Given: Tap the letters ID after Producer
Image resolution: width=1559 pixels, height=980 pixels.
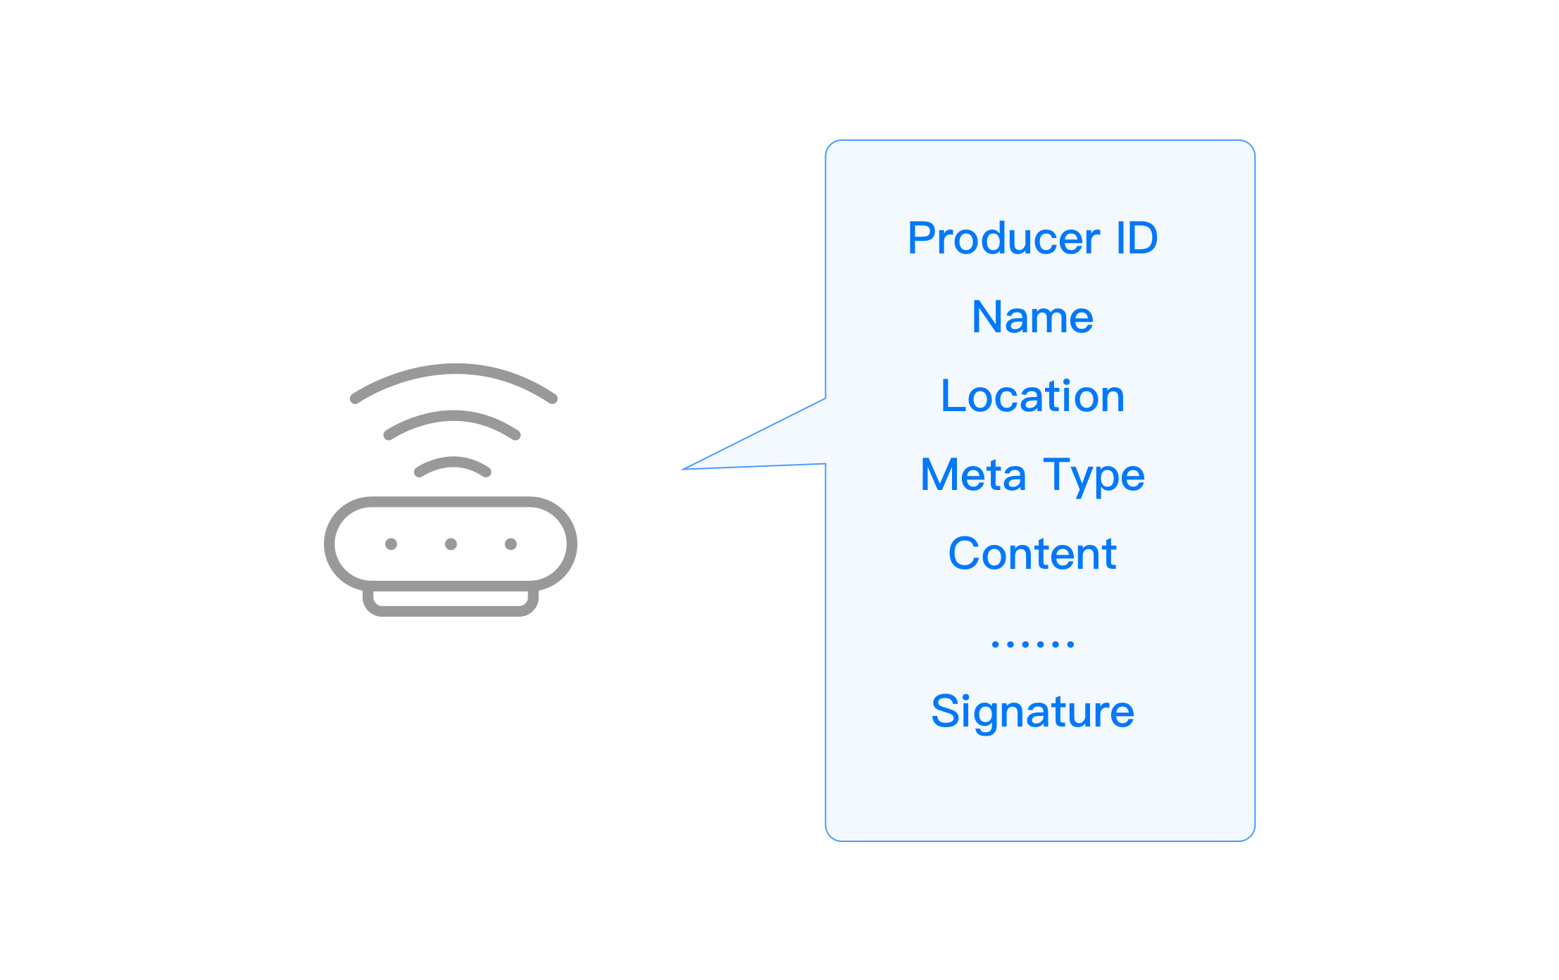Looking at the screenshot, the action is click(x=1137, y=238).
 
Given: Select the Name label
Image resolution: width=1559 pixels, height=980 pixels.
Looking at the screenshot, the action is click(x=1032, y=317).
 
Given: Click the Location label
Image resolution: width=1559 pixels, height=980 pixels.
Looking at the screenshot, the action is click(x=1032, y=396).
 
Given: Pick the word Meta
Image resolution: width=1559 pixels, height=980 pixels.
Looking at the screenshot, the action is click(x=973, y=475).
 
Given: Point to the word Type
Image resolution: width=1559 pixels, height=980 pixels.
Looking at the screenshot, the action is click(x=1094, y=477).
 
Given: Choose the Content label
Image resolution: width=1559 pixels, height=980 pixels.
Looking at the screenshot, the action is click(x=1032, y=553).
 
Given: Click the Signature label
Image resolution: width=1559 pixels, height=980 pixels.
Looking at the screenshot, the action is click(x=1032, y=712).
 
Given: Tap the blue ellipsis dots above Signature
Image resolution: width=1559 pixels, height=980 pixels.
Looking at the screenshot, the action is click(x=1032, y=643).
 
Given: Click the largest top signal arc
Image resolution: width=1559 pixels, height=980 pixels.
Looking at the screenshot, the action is click(x=454, y=370).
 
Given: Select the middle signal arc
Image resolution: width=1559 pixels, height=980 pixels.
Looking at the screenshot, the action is click(x=452, y=416).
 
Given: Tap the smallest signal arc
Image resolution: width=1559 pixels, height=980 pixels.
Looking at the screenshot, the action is click(x=452, y=462).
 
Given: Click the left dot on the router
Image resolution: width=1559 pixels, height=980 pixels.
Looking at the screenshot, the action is click(x=392, y=544).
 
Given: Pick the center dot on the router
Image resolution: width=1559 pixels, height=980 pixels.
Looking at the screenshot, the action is click(x=451, y=544).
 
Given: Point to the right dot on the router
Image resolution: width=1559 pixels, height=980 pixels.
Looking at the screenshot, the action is click(x=511, y=544).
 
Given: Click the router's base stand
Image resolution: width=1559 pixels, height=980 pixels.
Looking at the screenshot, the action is click(x=451, y=610).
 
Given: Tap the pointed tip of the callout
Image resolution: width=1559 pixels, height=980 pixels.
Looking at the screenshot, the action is click(x=682, y=469).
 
